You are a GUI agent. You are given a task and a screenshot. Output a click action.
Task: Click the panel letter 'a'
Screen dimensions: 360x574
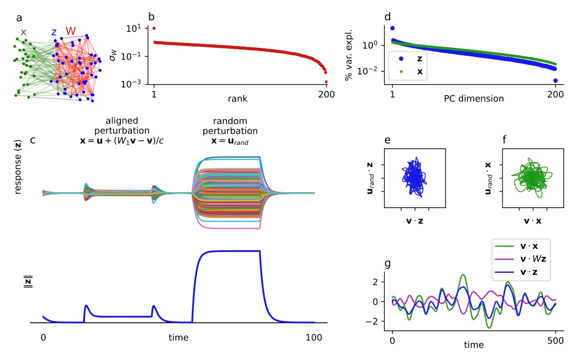click(19, 18)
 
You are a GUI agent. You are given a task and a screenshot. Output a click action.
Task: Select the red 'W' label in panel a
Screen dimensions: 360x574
click(71, 31)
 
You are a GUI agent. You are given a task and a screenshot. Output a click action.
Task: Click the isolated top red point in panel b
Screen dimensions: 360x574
click(154, 28)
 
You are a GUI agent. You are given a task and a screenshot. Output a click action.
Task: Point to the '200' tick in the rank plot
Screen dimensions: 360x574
click(326, 94)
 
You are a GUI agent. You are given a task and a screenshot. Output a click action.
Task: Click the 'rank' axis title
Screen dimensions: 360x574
click(237, 99)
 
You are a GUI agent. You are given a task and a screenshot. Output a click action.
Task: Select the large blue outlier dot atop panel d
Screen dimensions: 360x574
click(392, 28)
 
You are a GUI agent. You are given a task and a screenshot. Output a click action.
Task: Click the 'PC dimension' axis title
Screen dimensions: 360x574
click(473, 99)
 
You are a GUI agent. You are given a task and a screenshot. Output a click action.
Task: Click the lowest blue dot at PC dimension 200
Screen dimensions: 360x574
click(555, 81)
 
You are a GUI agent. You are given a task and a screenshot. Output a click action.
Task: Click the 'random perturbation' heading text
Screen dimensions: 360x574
click(230, 126)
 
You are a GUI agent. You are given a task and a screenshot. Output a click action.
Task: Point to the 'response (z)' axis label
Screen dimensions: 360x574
click(18, 167)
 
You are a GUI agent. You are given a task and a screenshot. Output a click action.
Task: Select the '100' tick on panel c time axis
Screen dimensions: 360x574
click(314, 338)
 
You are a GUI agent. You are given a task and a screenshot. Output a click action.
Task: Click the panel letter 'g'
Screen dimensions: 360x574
click(388, 264)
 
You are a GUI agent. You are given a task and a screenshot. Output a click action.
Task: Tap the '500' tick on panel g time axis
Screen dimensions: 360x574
click(555, 341)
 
